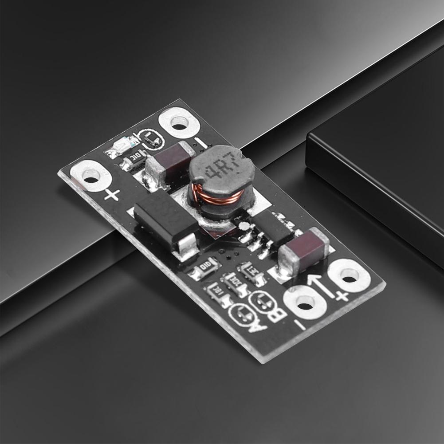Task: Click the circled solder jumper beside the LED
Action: [151, 139]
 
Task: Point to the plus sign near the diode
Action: [112, 194]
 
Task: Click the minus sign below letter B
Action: [300, 326]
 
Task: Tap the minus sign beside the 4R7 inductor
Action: [200, 143]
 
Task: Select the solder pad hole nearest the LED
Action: [179, 122]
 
